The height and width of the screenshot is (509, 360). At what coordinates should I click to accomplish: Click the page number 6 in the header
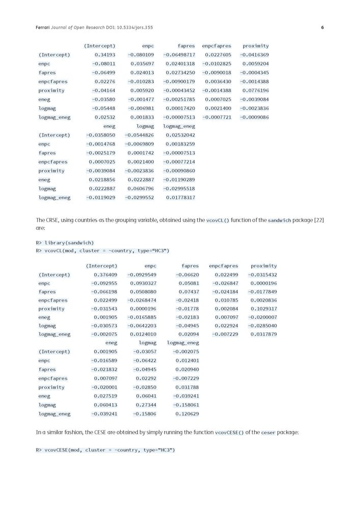[x=322, y=27]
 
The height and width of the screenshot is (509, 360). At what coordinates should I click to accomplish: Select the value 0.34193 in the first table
[x=104, y=54]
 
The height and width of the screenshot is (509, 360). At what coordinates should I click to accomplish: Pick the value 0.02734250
[x=180, y=72]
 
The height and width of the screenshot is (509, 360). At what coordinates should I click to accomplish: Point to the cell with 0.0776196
[x=256, y=90]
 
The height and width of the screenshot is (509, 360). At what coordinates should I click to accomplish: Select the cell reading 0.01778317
[x=180, y=197]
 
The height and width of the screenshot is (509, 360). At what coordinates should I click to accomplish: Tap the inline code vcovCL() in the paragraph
[x=217, y=220]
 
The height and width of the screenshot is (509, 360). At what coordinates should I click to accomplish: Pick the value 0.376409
[x=105, y=275]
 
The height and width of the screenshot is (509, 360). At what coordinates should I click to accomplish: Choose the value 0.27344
[x=146, y=405]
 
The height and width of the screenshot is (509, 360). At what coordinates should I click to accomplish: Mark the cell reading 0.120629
[x=187, y=414]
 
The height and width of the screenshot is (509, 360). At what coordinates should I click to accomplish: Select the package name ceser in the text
[x=268, y=433]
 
